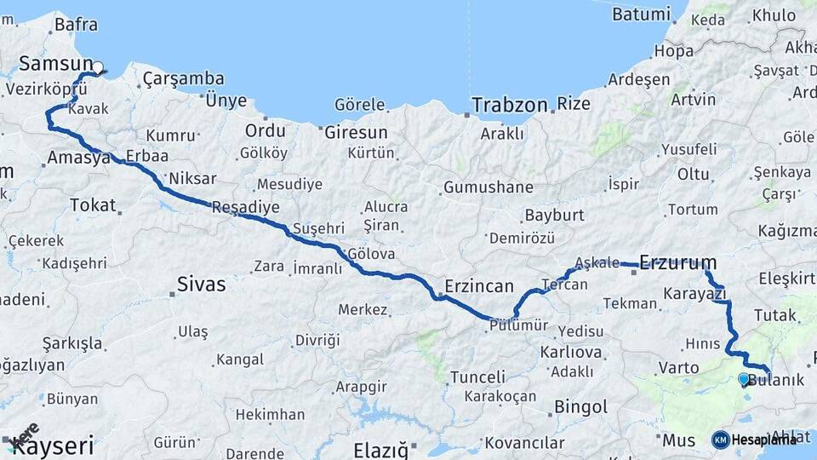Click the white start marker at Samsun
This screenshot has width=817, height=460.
(97, 68)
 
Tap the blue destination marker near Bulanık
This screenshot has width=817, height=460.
(744, 379)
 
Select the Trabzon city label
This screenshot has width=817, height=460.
(509, 106)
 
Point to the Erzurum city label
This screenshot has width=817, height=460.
(677, 262)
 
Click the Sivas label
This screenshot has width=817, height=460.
(202, 284)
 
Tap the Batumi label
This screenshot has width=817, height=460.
(641, 14)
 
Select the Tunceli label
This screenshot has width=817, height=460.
(477, 377)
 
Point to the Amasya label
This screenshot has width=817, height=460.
(78, 158)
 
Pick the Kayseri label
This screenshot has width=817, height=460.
(53, 445)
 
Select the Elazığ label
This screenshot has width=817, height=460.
(380, 446)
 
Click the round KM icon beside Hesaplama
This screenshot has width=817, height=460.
(720, 440)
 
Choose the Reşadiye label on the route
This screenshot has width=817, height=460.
(245, 207)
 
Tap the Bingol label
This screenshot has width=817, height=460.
(580, 406)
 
